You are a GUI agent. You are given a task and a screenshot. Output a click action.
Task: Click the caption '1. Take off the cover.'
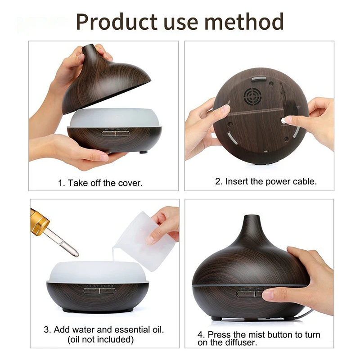pos(100,183)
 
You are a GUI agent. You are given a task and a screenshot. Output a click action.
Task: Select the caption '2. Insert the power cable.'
pos(265,182)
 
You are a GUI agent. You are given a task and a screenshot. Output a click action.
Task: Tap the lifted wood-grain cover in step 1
pos(106,81)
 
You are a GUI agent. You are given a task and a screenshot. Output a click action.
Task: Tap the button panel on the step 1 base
pos(114,133)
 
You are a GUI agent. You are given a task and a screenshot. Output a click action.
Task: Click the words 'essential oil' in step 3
pos(142,329)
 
